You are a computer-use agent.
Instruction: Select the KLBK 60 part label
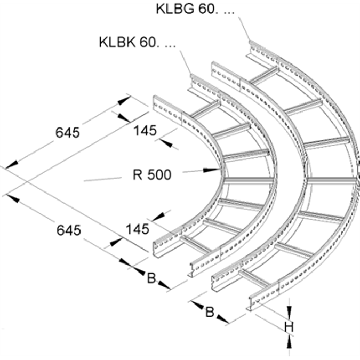click(x=137, y=43)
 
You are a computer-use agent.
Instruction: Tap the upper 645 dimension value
click(x=68, y=132)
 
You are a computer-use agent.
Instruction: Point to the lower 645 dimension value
click(x=68, y=230)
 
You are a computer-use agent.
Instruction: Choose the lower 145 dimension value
click(x=137, y=230)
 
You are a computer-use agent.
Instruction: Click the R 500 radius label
click(x=153, y=174)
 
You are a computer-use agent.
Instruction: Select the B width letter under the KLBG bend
click(x=210, y=312)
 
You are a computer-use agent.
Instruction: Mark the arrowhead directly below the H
click(x=289, y=343)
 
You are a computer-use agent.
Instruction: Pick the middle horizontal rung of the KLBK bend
click(x=248, y=180)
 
